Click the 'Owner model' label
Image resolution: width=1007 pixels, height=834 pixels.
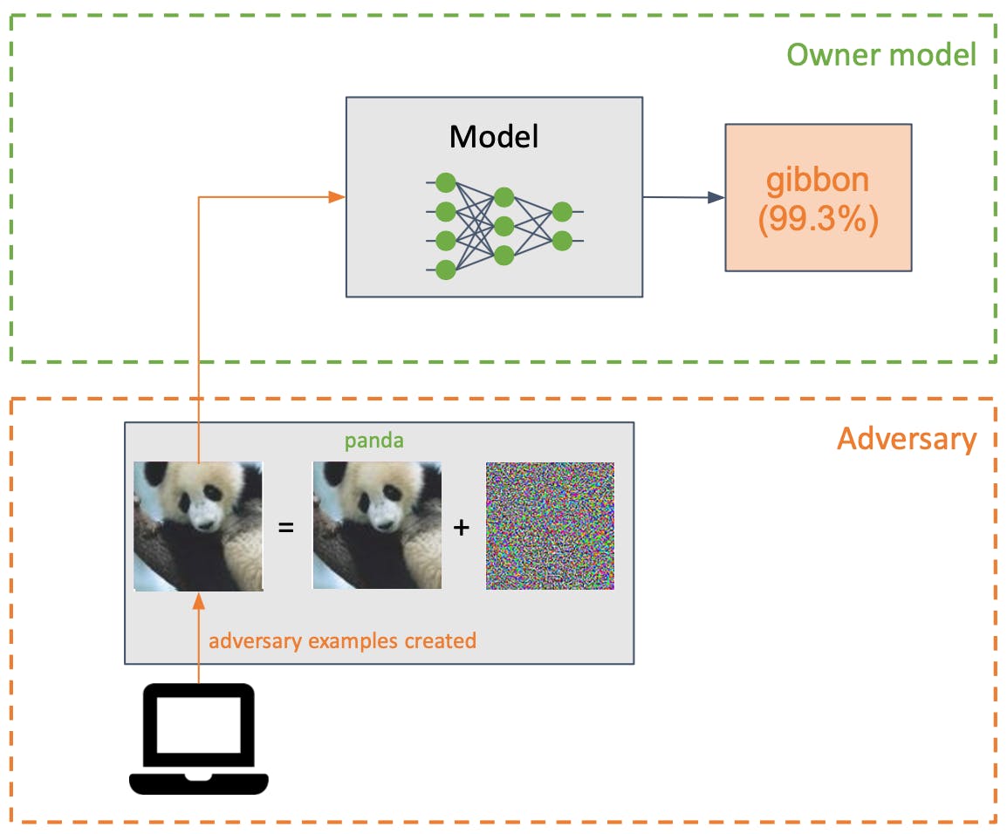click(881, 55)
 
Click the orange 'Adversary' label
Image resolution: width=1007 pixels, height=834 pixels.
click(906, 438)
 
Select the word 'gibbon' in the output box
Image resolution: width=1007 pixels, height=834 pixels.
click(818, 180)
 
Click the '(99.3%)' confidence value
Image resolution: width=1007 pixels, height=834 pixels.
click(818, 219)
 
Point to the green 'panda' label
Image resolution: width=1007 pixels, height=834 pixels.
click(373, 441)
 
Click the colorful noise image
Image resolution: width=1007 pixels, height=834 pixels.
click(550, 526)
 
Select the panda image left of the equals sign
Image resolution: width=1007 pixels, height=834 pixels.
click(198, 526)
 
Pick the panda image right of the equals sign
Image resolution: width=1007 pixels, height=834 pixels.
click(377, 526)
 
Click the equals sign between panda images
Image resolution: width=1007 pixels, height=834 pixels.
click(284, 528)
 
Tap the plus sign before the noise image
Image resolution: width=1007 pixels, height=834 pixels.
click(462, 528)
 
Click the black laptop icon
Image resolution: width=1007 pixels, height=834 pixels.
click(199, 738)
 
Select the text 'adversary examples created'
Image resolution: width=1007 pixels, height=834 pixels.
click(342, 641)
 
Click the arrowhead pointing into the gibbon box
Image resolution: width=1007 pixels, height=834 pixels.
click(716, 198)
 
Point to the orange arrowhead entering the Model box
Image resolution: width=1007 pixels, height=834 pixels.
click(337, 198)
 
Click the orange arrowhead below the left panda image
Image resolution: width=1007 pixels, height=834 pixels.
click(199, 602)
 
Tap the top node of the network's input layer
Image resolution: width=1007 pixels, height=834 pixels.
click(446, 182)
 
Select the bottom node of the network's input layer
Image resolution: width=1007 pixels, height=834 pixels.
click(446, 270)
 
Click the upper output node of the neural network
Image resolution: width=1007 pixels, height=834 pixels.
click(562, 211)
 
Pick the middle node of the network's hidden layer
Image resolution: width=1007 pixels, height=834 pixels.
click(503, 226)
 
